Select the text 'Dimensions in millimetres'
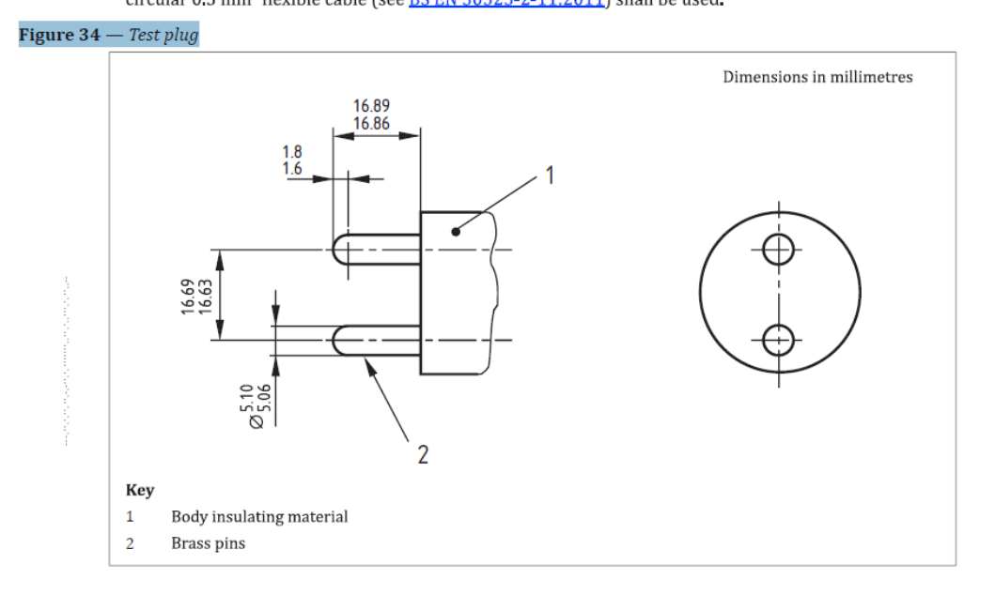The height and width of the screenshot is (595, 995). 816,77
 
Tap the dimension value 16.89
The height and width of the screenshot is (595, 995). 371,107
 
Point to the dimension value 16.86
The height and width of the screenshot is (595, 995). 371,123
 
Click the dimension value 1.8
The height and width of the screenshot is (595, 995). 292,151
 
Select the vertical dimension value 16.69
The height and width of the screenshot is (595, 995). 188,295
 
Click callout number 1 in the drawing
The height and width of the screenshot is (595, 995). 551,174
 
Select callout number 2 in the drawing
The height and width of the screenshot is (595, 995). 422,456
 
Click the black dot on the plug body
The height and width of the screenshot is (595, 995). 456,231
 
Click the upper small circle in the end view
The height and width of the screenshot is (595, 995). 778,250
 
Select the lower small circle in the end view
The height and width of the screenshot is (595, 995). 778,340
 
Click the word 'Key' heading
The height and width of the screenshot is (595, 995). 140,490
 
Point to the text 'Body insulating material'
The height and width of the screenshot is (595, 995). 259,516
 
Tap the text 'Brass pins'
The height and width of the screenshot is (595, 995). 208,543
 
